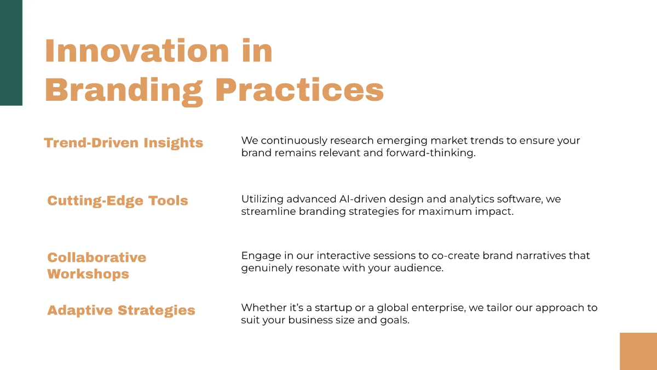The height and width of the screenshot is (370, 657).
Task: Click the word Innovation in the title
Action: (x=137, y=51)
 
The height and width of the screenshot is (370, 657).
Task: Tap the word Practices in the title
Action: (x=299, y=89)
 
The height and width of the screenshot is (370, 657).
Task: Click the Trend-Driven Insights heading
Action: (x=124, y=143)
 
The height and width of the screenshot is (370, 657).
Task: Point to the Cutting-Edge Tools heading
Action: (x=118, y=201)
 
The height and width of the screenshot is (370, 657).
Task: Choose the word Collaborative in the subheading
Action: (x=97, y=257)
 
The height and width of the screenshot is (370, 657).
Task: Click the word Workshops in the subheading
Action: (x=88, y=274)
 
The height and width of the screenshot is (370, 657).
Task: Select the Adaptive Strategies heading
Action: (x=121, y=310)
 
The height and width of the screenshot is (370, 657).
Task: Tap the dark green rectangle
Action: (x=11, y=53)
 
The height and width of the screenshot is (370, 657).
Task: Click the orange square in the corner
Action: (x=638, y=351)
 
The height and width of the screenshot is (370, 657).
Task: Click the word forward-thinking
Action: (x=430, y=153)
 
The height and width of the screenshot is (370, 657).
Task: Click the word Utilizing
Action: (x=262, y=200)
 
